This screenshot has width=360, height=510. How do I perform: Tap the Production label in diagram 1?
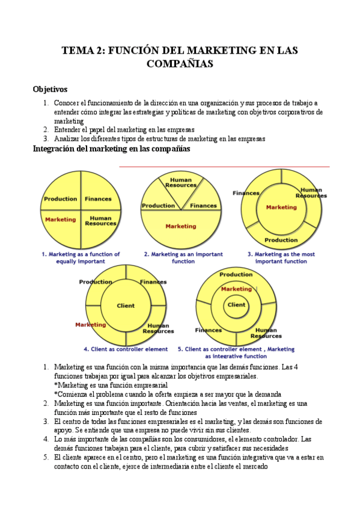(60, 198)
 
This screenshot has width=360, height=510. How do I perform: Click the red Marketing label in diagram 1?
(60, 220)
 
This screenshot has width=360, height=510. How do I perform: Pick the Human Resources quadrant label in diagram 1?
(100, 221)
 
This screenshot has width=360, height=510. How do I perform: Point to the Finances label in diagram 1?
(98, 198)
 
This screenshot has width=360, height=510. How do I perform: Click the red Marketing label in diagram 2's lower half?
(180, 226)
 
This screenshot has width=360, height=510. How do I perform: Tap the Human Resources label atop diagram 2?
(181, 182)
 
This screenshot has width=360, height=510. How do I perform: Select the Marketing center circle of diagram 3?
(281, 207)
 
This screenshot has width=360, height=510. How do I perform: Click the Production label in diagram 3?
(281, 240)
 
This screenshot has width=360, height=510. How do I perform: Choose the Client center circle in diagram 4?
(126, 305)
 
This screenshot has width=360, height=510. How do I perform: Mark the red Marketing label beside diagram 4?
(90, 325)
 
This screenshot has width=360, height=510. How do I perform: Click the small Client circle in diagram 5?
(236, 305)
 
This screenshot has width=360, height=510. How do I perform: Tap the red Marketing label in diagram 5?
(236, 289)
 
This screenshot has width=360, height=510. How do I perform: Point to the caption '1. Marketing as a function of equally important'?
(81, 257)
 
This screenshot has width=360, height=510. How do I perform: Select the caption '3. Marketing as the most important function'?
(281, 257)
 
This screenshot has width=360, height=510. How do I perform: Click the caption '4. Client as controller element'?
(126, 349)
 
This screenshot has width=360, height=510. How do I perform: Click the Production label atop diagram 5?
(236, 274)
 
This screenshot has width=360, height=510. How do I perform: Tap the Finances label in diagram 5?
(209, 330)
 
